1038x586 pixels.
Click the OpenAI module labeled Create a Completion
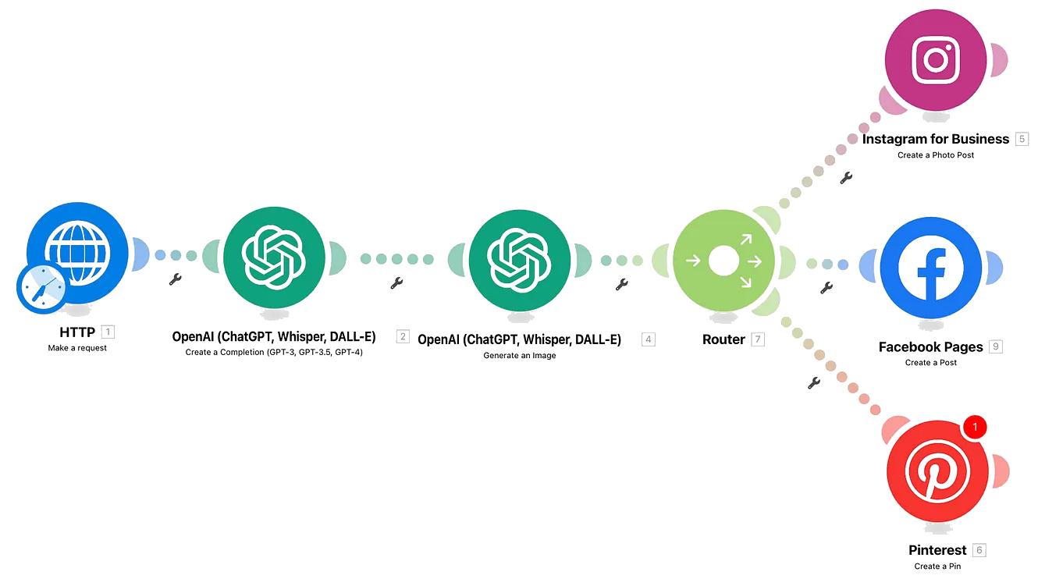[x=273, y=254]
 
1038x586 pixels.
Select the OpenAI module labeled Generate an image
[x=518, y=254]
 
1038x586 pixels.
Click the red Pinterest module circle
[x=937, y=472]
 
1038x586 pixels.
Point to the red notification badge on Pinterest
[x=976, y=427]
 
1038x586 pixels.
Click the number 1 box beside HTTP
[x=108, y=332]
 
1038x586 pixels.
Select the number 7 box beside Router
[x=758, y=339]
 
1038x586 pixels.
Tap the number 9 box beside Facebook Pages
[x=995, y=346]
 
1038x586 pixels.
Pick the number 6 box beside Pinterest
[x=980, y=550]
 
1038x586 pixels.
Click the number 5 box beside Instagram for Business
[x=1022, y=139]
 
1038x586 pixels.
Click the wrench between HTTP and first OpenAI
[x=175, y=279]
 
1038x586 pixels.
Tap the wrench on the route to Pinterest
[x=813, y=382]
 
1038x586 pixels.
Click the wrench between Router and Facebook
[x=826, y=288]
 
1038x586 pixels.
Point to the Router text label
[x=723, y=339]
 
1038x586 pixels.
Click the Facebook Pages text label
[x=930, y=347]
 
